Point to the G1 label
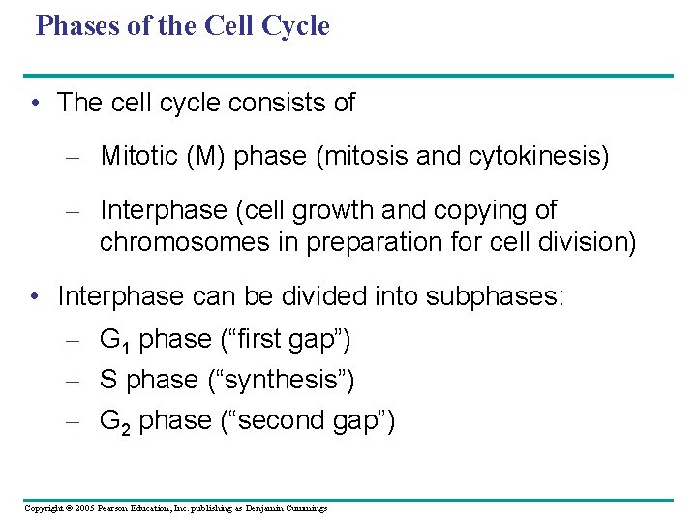tap(115, 340)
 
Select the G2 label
tap(115, 421)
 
